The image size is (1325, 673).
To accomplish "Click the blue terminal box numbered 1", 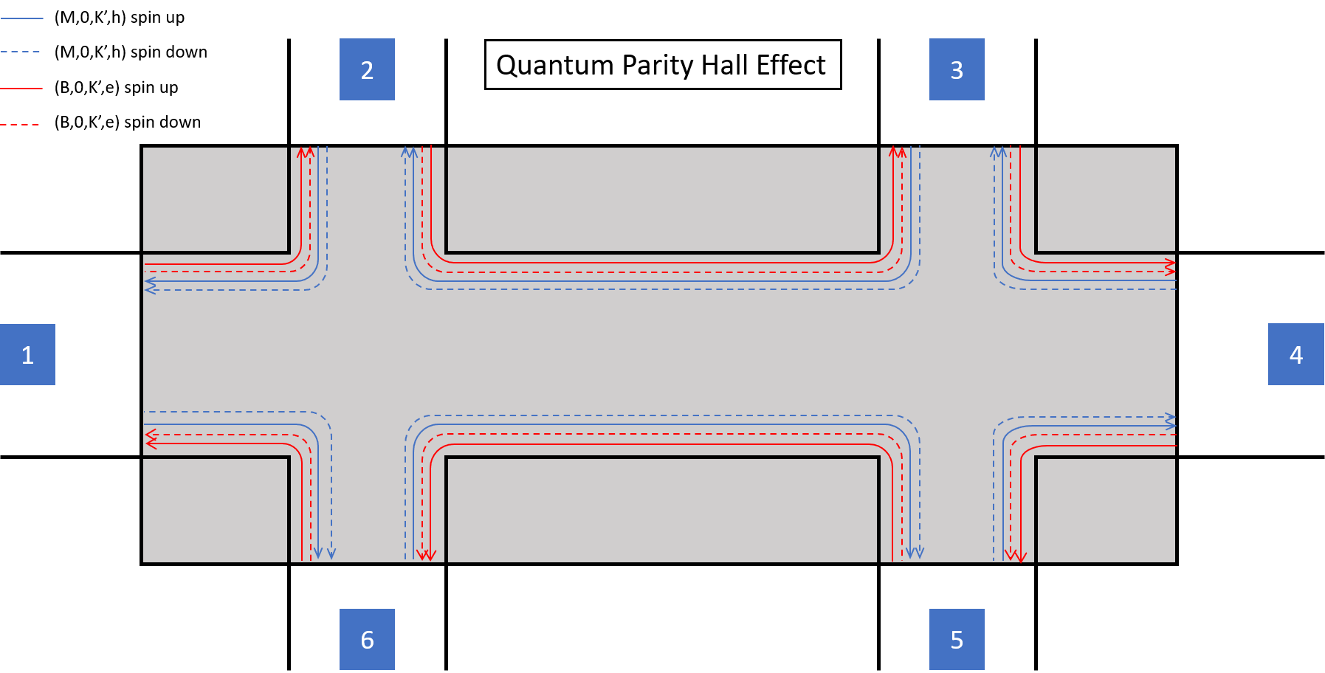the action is pyautogui.click(x=27, y=354).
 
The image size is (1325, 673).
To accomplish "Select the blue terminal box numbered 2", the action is pyautogui.click(x=367, y=69).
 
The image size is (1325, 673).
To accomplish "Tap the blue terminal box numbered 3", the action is pyautogui.click(x=957, y=69).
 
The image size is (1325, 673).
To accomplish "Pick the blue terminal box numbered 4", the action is pyautogui.click(x=1296, y=354).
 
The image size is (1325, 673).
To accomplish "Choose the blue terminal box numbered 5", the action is pyautogui.click(x=957, y=639).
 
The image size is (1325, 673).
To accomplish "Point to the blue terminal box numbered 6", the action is pyautogui.click(x=367, y=639).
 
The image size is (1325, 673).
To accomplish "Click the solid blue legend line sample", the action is pyautogui.click(x=21, y=18).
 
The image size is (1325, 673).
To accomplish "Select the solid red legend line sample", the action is pyautogui.click(x=21, y=88).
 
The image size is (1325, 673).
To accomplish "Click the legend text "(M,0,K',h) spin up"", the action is pyautogui.click(x=120, y=18).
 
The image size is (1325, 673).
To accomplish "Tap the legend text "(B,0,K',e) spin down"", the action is pyautogui.click(x=128, y=122).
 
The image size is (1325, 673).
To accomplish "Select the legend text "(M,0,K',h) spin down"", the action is pyautogui.click(x=131, y=52).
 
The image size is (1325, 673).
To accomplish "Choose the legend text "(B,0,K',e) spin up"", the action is pyautogui.click(x=117, y=88).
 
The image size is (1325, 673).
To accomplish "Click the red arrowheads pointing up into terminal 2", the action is pyautogui.click(x=306, y=152).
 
